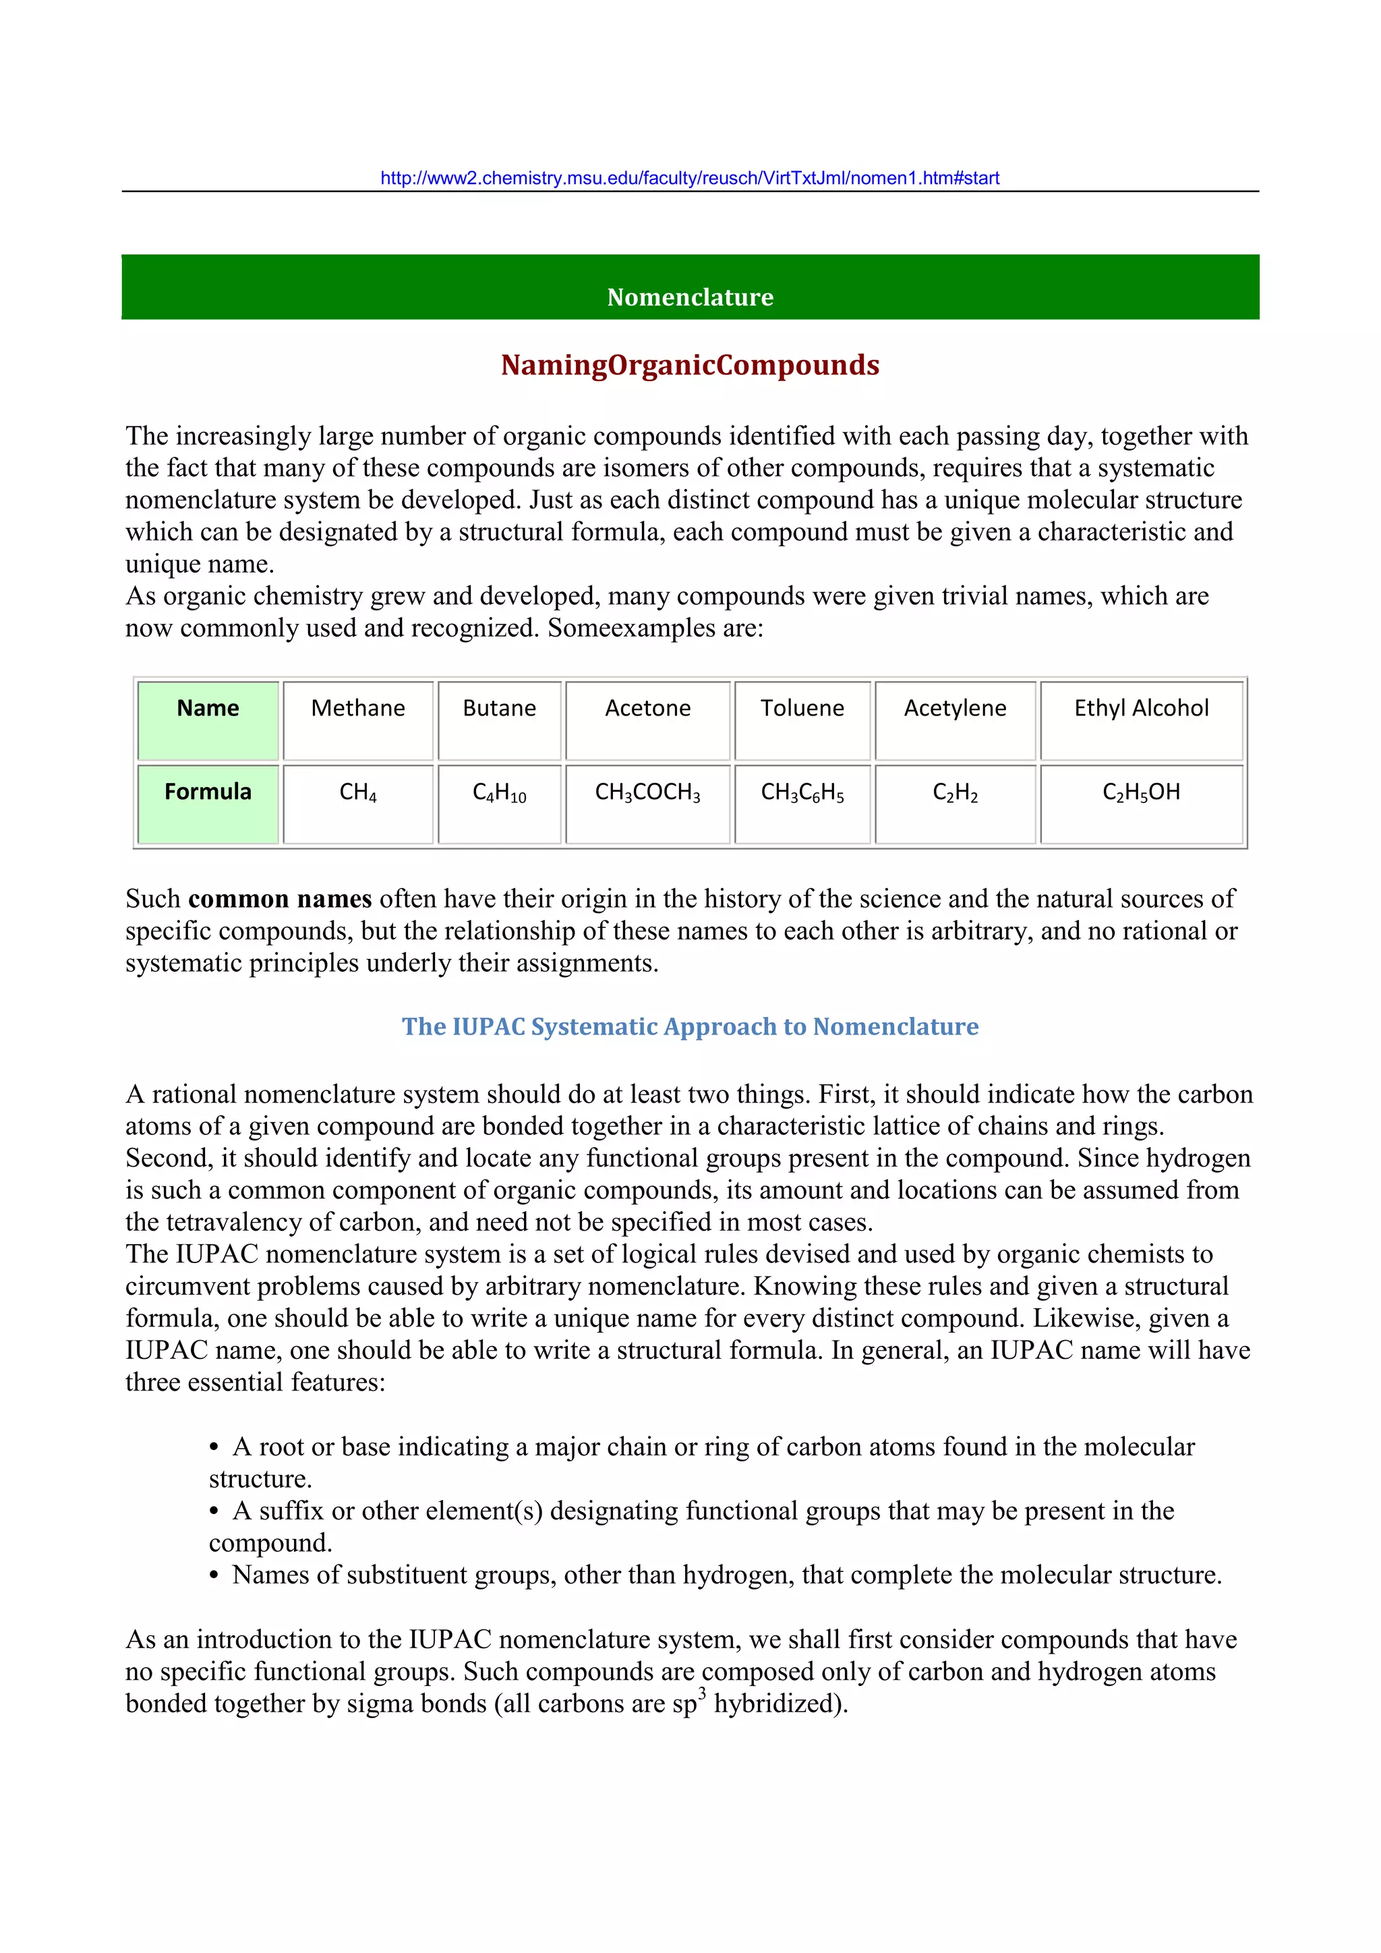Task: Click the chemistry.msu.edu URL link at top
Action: click(x=690, y=178)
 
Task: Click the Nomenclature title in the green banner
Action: click(x=690, y=297)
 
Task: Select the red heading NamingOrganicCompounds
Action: click(x=690, y=365)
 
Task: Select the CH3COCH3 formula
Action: click(x=647, y=793)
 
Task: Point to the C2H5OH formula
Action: click(x=1141, y=793)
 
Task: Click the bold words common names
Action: click(x=280, y=899)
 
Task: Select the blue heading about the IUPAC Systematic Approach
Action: click(x=690, y=1026)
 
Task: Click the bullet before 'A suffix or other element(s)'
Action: click(x=214, y=1511)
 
